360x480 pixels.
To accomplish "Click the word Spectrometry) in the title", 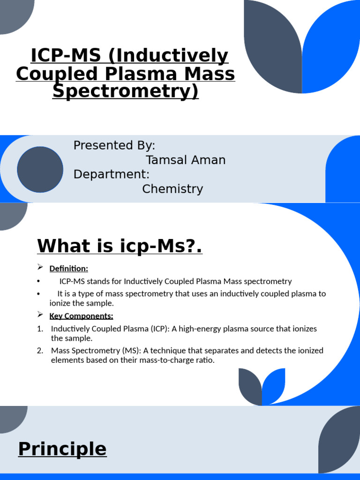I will point(126,91).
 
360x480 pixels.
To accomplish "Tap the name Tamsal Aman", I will point(186,160).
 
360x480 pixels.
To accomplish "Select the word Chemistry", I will point(172,189).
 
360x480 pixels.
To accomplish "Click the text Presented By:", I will point(114,145).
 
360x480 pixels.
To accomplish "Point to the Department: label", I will point(112,174).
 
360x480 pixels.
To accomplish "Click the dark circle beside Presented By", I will point(40,169).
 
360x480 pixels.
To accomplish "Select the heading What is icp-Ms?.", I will point(120,246).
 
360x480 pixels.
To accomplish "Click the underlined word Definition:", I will point(68,269).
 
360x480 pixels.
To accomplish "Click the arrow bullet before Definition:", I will point(40,268).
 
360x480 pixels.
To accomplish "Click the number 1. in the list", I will point(40,329).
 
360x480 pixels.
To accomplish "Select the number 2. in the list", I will point(40,351).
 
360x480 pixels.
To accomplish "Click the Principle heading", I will point(62,449).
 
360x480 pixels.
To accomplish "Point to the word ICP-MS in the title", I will point(66,56).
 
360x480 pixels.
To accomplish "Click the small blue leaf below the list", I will point(275,385).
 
